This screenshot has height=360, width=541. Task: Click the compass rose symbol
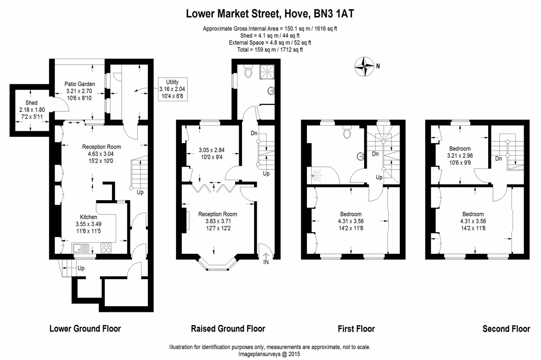click(x=365, y=66)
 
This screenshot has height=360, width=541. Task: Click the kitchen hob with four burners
click(x=106, y=247)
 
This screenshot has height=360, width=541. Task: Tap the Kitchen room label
click(x=89, y=217)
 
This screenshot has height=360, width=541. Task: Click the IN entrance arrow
click(x=265, y=258)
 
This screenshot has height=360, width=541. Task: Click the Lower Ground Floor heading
click(x=85, y=328)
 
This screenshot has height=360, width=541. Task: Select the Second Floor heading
click(x=506, y=328)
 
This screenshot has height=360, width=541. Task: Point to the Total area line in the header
click(x=270, y=50)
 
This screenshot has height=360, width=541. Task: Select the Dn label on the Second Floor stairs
click(x=498, y=158)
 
